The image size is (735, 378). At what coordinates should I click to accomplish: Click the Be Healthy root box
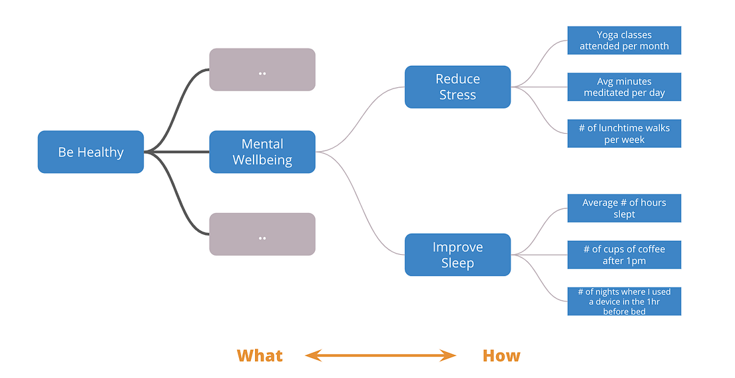pos(91,152)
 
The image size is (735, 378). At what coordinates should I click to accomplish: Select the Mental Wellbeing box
pos(262,152)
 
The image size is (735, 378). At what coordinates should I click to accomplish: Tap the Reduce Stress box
pos(457,87)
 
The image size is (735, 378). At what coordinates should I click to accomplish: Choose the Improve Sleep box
pos(457,255)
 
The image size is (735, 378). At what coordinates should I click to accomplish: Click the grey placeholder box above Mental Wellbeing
pos(262,69)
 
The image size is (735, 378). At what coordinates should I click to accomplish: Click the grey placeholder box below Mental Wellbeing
pos(262,234)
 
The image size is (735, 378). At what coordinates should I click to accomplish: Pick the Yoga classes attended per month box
pos(624,41)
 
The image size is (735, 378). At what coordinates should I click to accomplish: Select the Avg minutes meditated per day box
pos(624,87)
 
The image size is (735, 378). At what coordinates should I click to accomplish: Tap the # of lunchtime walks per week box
pos(624,134)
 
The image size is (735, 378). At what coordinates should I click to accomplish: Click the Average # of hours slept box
pos(624,208)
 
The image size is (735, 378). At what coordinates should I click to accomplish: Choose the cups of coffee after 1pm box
pos(624,255)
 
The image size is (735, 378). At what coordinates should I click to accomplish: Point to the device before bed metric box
pos(624,301)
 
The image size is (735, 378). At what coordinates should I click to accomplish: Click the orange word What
pos(260,356)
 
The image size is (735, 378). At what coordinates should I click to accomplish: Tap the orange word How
pos(501,356)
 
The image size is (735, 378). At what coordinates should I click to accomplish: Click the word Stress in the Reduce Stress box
pos(457,95)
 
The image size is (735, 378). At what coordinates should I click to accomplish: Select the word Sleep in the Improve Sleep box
pos(457,264)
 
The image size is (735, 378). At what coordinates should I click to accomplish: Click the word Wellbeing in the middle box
pos(262,160)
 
